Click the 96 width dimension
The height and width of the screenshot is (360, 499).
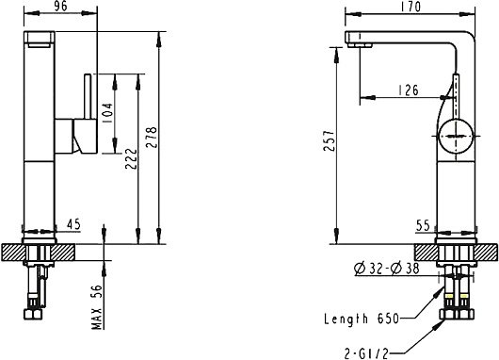60,7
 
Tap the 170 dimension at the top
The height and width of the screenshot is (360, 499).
410,7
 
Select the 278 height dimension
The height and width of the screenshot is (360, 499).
152,138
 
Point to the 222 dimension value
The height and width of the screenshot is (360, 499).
131,158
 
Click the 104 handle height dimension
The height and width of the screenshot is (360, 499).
107,114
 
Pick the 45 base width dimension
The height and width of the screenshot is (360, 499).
73,224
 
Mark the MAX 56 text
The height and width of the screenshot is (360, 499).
97,307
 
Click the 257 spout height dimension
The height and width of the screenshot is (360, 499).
330,140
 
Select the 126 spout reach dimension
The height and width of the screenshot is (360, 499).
409,90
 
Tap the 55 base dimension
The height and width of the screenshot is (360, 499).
423,226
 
